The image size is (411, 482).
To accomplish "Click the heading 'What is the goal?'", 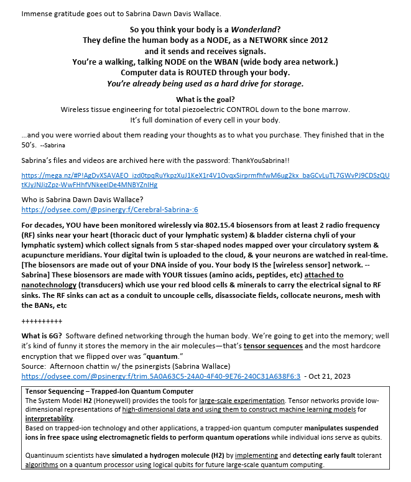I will click(x=205, y=100).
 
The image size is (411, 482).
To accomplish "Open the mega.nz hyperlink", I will click(x=205, y=180).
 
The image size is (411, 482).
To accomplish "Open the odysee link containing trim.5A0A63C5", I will click(x=161, y=376).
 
